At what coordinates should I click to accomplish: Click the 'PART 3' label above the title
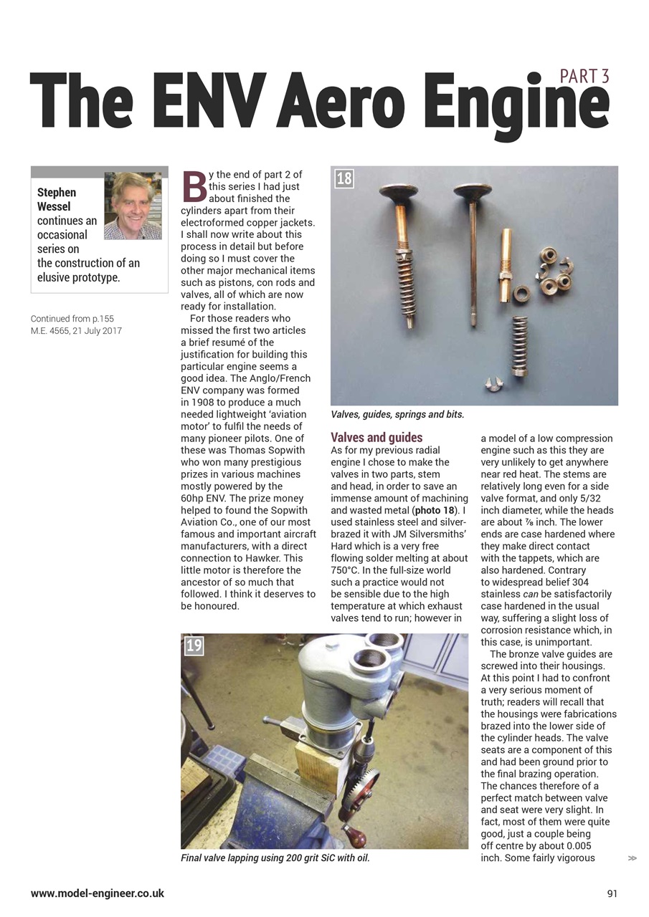[584, 76]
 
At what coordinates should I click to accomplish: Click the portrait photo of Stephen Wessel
[133, 206]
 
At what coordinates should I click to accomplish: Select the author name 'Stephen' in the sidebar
[57, 192]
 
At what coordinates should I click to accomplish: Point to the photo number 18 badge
[344, 178]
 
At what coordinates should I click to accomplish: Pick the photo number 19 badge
[194, 645]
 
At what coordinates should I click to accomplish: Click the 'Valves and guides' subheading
[376, 437]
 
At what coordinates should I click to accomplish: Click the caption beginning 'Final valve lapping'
[275, 858]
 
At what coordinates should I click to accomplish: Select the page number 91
[612, 893]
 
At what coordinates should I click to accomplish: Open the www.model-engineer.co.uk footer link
[98, 893]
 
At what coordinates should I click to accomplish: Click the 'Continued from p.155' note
[72, 319]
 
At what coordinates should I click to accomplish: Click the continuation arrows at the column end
[632, 858]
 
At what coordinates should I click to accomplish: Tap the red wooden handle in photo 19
[354, 835]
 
